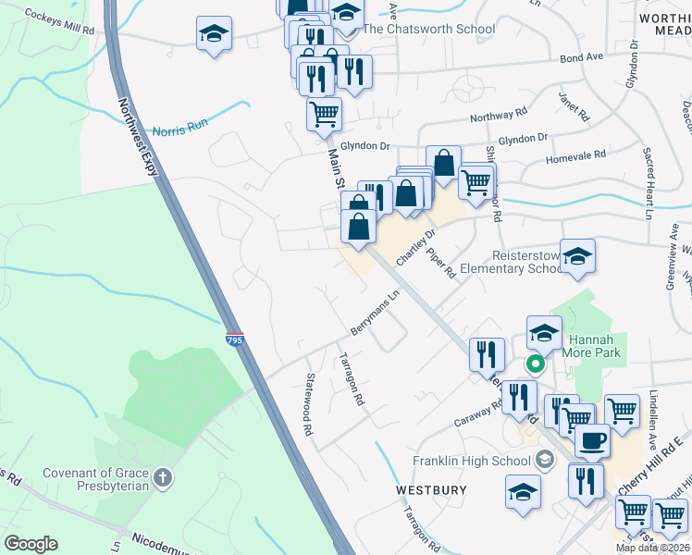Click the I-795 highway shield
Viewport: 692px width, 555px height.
(234, 339)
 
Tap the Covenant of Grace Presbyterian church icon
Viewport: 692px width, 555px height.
(162, 478)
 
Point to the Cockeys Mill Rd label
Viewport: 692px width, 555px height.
(61, 22)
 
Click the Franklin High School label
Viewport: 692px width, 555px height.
(471, 461)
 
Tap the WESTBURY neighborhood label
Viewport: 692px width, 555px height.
(431, 488)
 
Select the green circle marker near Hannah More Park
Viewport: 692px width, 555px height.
(534, 364)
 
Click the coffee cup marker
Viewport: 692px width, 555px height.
(592, 439)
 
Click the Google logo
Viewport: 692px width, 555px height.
(31, 544)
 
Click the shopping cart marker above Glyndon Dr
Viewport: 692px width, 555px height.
(324, 115)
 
